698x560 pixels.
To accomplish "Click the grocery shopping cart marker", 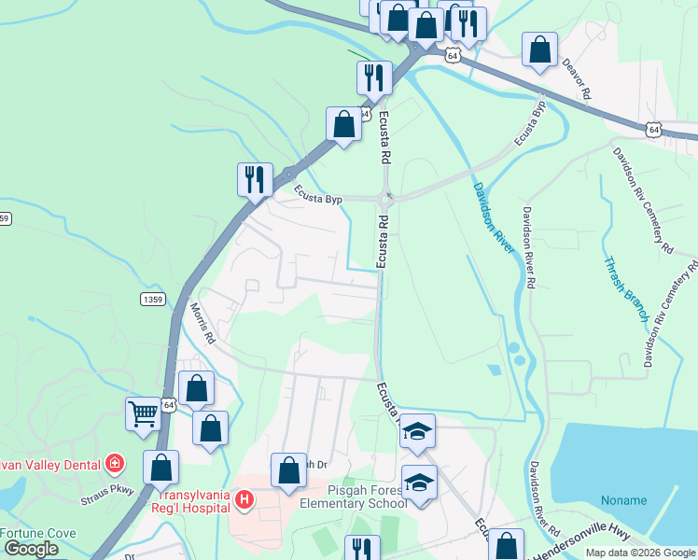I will [x=143, y=413].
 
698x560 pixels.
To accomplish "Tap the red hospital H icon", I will [x=244, y=501].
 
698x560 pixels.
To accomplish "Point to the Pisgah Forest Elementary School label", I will [x=354, y=497].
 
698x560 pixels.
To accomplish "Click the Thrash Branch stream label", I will [x=625, y=289].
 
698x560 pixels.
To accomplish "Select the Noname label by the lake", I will [x=624, y=499].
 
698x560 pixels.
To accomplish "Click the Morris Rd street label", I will [x=203, y=323].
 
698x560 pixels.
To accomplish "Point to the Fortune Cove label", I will [x=37, y=533].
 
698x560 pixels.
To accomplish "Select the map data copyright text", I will [x=640, y=553].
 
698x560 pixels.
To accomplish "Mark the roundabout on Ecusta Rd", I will [x=386, y=198].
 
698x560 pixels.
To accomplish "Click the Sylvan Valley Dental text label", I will [x=47, y=463].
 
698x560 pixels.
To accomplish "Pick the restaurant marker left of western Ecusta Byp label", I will [x=255, y=177].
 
